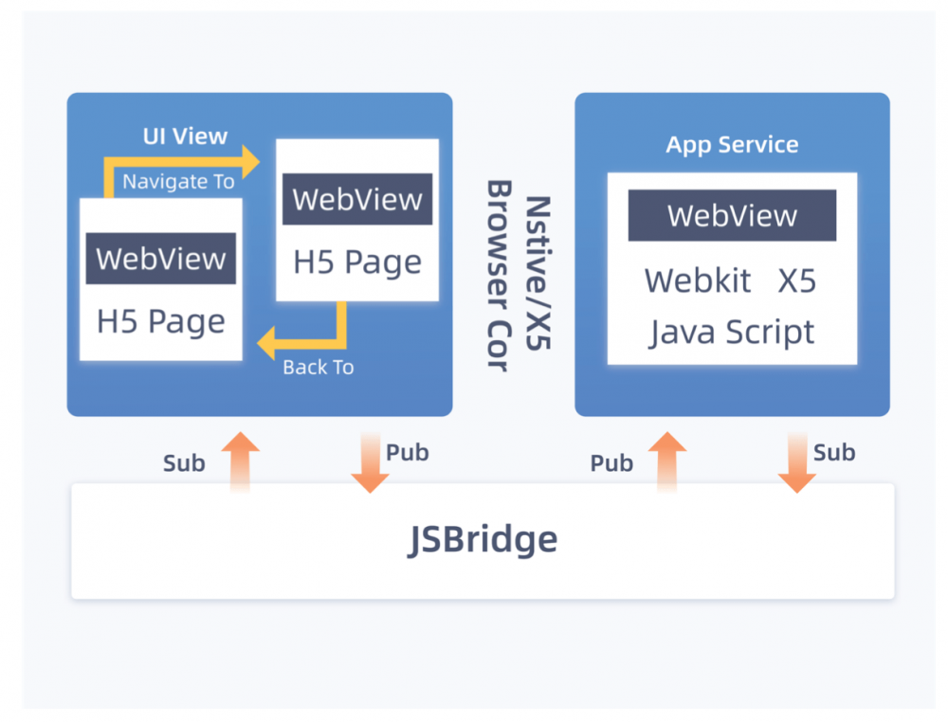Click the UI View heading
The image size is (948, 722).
(185, 135)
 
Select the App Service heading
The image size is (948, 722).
(732, 145)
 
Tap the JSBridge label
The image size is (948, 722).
(483, 539)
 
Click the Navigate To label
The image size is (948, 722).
(178, 181)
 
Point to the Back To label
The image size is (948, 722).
(318, 367)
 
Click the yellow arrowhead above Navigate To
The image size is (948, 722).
(251, 161)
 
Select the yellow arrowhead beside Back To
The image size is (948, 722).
(266, 343)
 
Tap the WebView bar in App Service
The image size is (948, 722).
(732, 216)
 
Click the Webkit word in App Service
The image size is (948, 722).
(698, 281)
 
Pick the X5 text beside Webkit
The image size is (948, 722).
(797, 281)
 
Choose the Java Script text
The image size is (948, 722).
(732, 333)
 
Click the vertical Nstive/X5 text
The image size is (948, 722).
(538, 273)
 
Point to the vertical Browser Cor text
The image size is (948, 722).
(500, 275)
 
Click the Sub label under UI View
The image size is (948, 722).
(184, 463)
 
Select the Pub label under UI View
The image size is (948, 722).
(408, 453)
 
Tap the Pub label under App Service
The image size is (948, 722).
(611, 463)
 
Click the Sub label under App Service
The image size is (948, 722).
(834, 453)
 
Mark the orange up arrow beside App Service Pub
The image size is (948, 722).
(667, 461)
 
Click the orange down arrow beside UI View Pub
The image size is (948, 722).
(370, 462)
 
